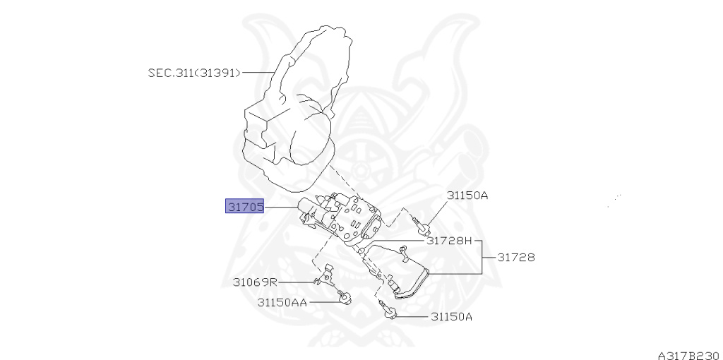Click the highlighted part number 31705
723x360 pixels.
244,207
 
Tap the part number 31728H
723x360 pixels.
448,241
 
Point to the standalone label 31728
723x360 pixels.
515,258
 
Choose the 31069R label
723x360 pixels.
255,282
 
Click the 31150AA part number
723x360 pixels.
282,302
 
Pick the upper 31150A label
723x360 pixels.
467,195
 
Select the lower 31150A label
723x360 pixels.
451,316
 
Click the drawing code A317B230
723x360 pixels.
688,354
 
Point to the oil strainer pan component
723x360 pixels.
399,272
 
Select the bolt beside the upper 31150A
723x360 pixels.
421,226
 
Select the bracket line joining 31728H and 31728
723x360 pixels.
482,257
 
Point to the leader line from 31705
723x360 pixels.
282,207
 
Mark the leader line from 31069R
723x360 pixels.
297,282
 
